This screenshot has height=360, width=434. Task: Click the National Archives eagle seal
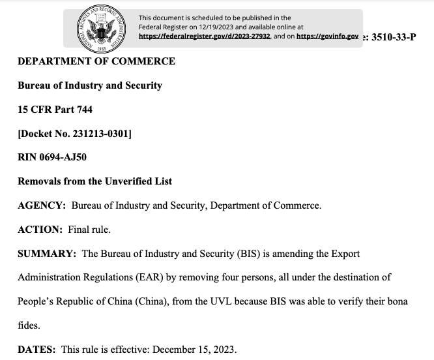tap(100, 29)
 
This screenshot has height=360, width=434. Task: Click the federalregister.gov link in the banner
tap(204, 37)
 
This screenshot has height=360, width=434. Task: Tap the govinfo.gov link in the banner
tap(327, 37)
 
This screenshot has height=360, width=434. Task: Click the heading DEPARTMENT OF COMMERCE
tap(96, 61)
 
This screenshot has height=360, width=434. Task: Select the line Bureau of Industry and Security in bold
tap(90, 85)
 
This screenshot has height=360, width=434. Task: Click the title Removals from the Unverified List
tap(95, 181)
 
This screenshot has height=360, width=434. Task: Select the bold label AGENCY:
tap(42, 205)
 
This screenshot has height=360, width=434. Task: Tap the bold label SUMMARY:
tap(48, 253)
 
